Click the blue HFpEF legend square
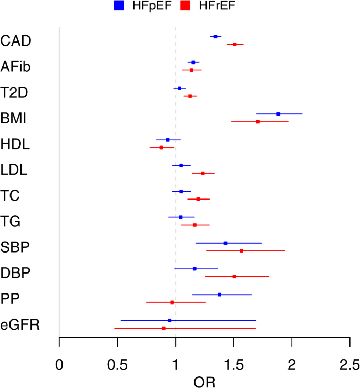point(118,6)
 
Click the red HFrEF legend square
point(184,6)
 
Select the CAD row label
point(16,40)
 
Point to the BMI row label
point(14,118)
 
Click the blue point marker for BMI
point(278,114)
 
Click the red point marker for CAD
point(235,45)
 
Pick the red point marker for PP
point(172,302)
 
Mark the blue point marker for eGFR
point(169,320)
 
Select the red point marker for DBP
point(234,276)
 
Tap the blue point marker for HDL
point(168,140)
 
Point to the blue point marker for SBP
point(225,243)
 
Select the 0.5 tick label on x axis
point(117,364)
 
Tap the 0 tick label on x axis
point(59,364)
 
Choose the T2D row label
point(15,92)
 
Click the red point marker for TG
point(194,225)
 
